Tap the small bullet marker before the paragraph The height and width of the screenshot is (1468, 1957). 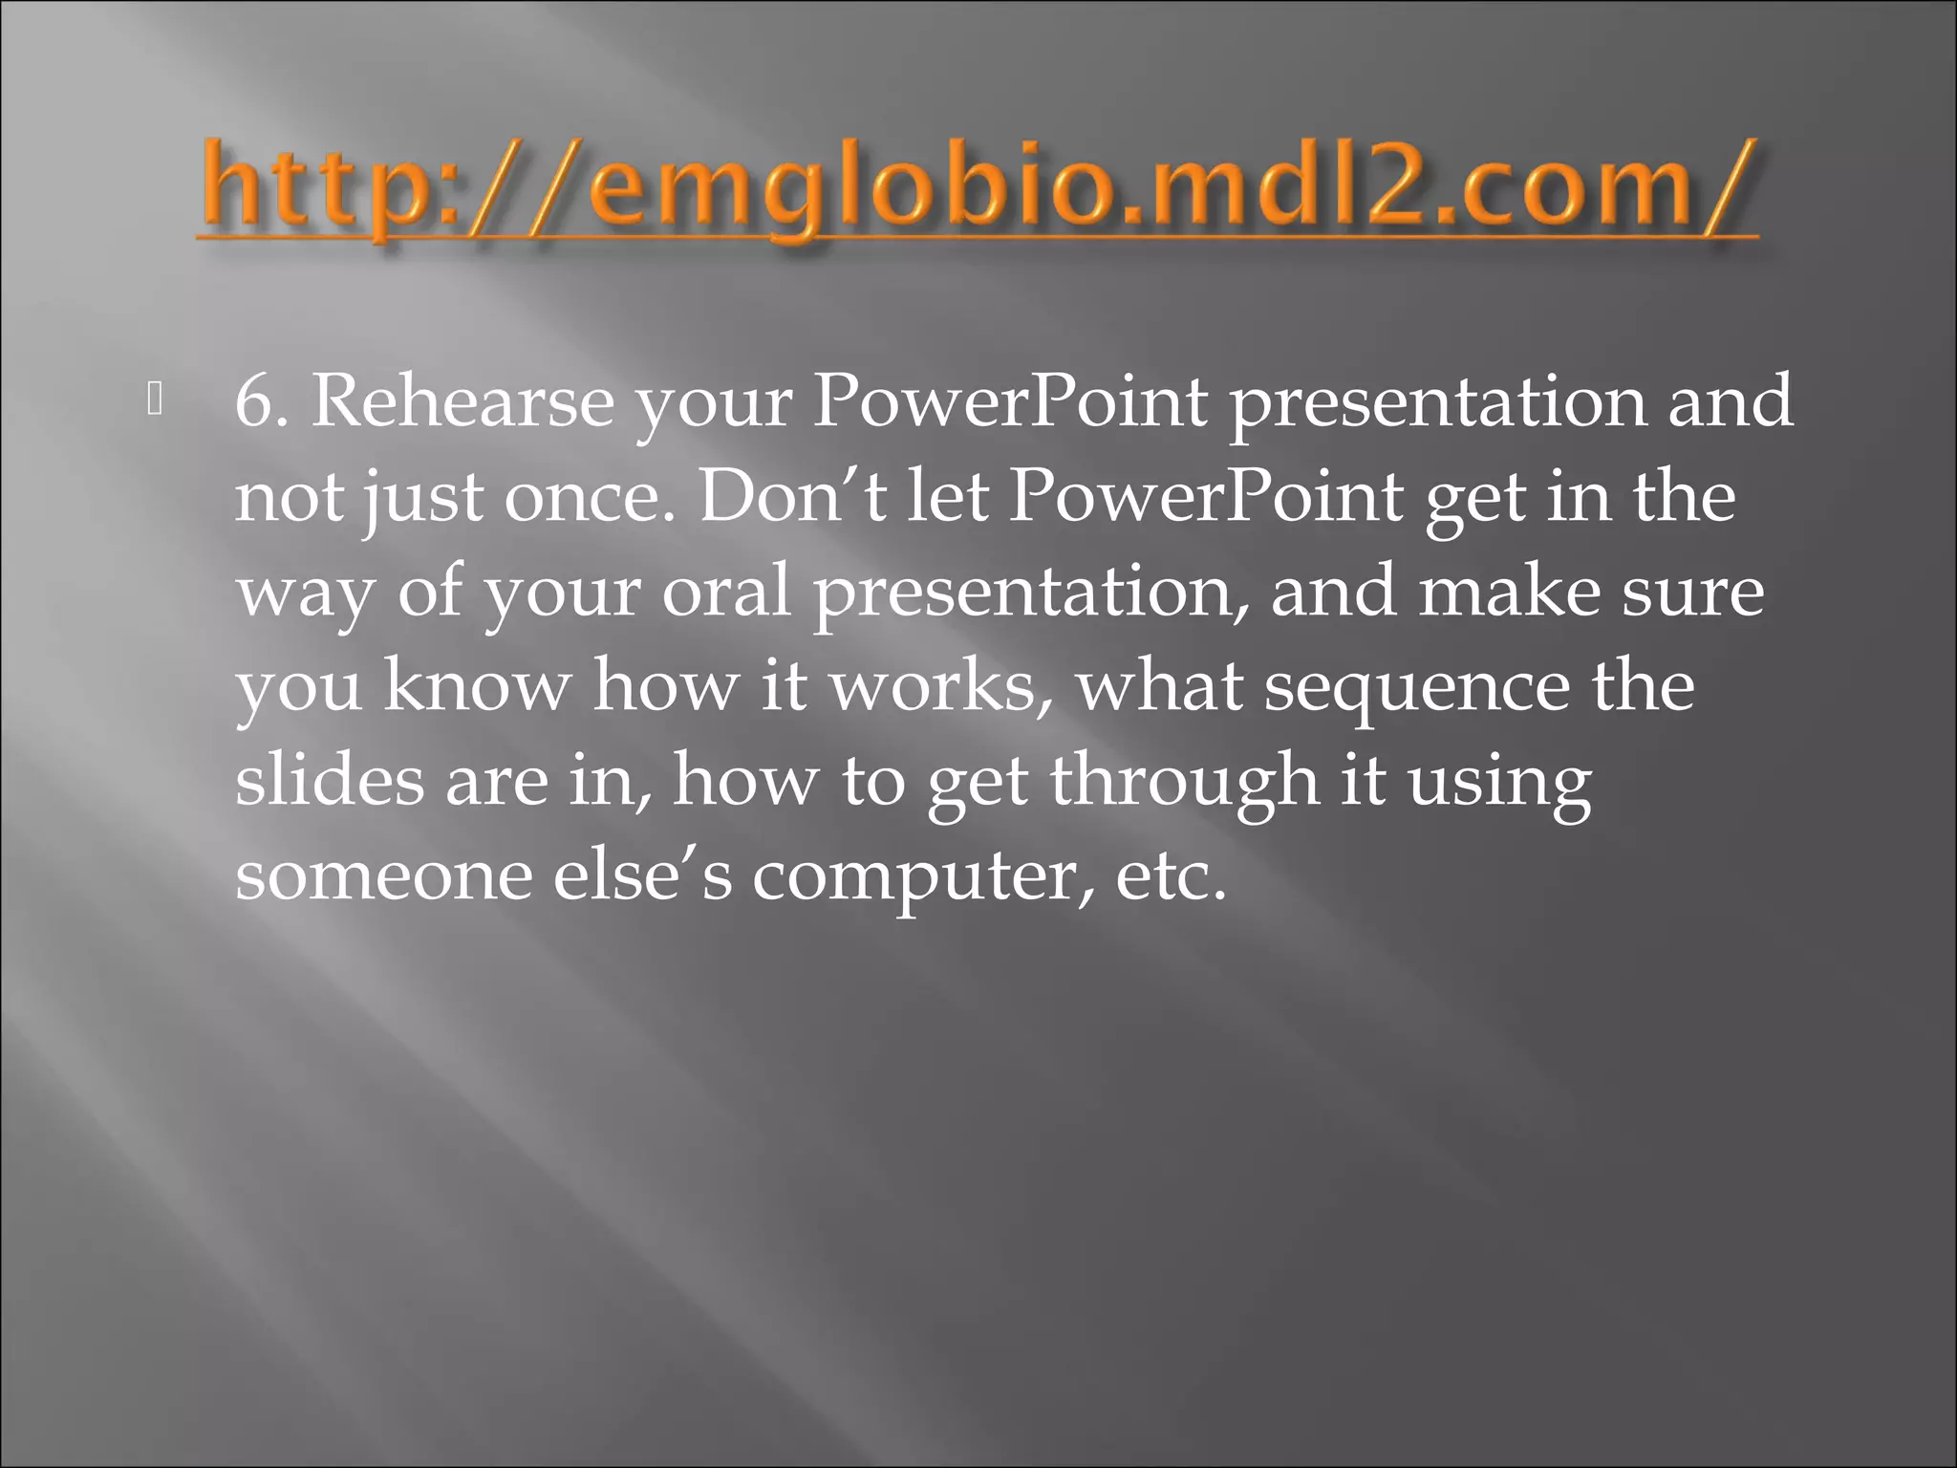pyautogui.click(x=156, y=400)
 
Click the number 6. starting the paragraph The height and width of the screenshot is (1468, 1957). pyautogui.click(x=262, y=401)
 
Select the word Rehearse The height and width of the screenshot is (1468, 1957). pyautogui.click(x=462, y=401)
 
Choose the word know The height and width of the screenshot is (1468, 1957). pyautogui.click(x=478, y=686)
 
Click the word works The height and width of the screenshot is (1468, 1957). pyautogui.click(x=942, y=686)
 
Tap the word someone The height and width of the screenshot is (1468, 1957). pyautogui.click(x=383, y=875)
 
